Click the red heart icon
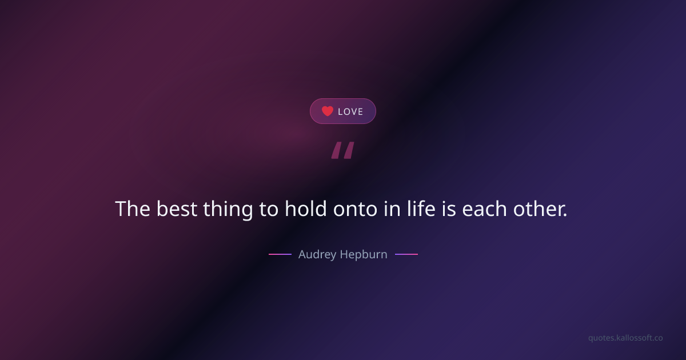[327, 111]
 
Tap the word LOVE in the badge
[350, 111]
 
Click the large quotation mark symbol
[343, 150]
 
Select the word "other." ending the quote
[540, 209]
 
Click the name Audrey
[317, 255]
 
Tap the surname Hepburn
[364, 255]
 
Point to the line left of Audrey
[280, 254]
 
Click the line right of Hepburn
[406, 254]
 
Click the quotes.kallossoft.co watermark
[625, 338]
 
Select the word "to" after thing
[269, 210]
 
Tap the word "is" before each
[449, 209]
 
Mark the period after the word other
[565, 215]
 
